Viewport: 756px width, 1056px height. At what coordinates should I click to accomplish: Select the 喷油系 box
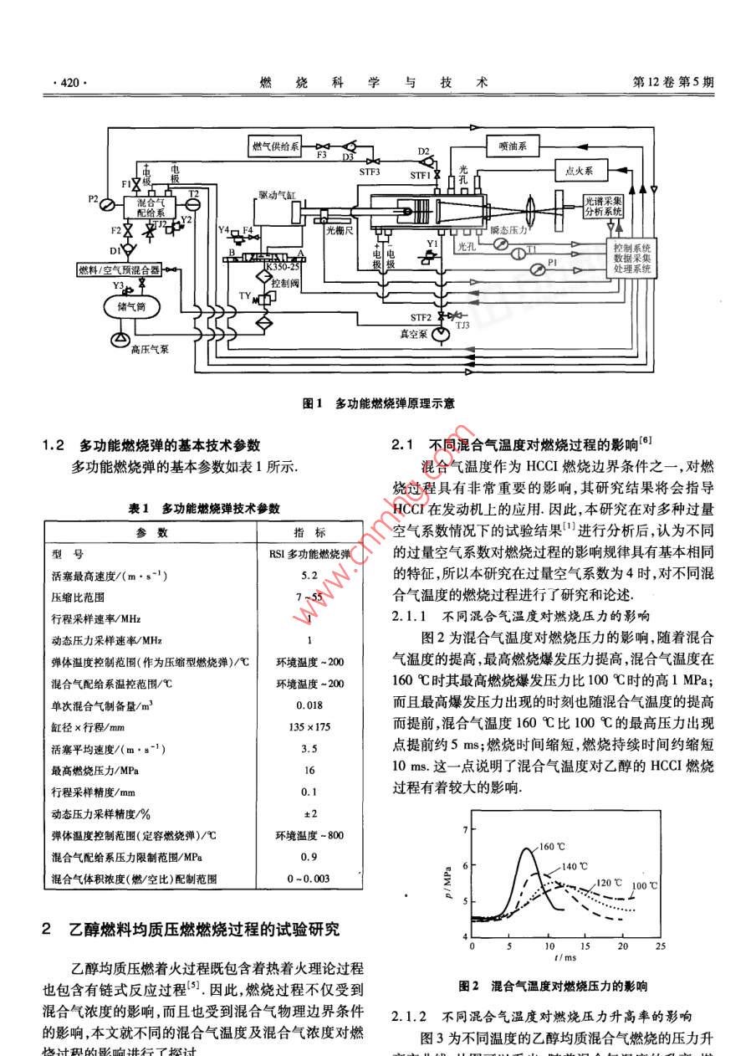pos(513,146)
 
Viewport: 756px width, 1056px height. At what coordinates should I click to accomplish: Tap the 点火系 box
pos(579,171)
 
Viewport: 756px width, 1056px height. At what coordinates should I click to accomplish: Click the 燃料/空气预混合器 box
pos(120,269)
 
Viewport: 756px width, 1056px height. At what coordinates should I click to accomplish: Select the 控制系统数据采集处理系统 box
pos(631,259)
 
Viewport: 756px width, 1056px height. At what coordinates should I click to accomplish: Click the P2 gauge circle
pos(107,203)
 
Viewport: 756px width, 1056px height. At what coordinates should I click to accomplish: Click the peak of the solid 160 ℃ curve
pos(525,849)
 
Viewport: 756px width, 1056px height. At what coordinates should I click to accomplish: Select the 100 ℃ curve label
pos(645,884)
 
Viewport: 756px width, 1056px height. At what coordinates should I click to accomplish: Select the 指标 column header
pos(309,532)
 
